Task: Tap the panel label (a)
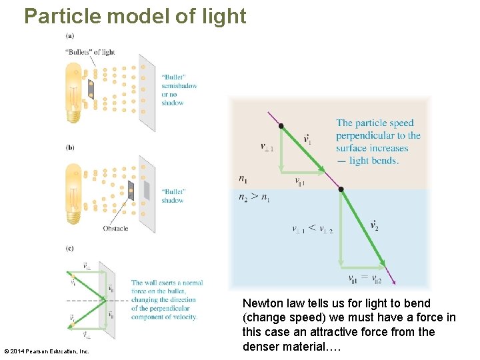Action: [x=70, y=35]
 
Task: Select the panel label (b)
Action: [x=70, y=147]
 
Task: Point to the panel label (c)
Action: [x=70, y=249]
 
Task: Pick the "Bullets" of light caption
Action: [x=90, y=52]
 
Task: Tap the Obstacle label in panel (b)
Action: [x=115, y=229]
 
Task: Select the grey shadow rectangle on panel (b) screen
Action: [x=147, y=191]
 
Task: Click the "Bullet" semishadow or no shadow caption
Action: [x=179, y=90]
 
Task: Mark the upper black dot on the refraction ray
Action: [x=281, y=126]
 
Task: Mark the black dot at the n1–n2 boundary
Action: [x=341, y=189]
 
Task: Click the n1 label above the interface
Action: [x=244, y=179]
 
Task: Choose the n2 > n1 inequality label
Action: [x=255, y=197]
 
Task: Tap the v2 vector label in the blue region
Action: [x=374, y=226]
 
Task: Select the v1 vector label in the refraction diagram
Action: [x=307, y=139]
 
